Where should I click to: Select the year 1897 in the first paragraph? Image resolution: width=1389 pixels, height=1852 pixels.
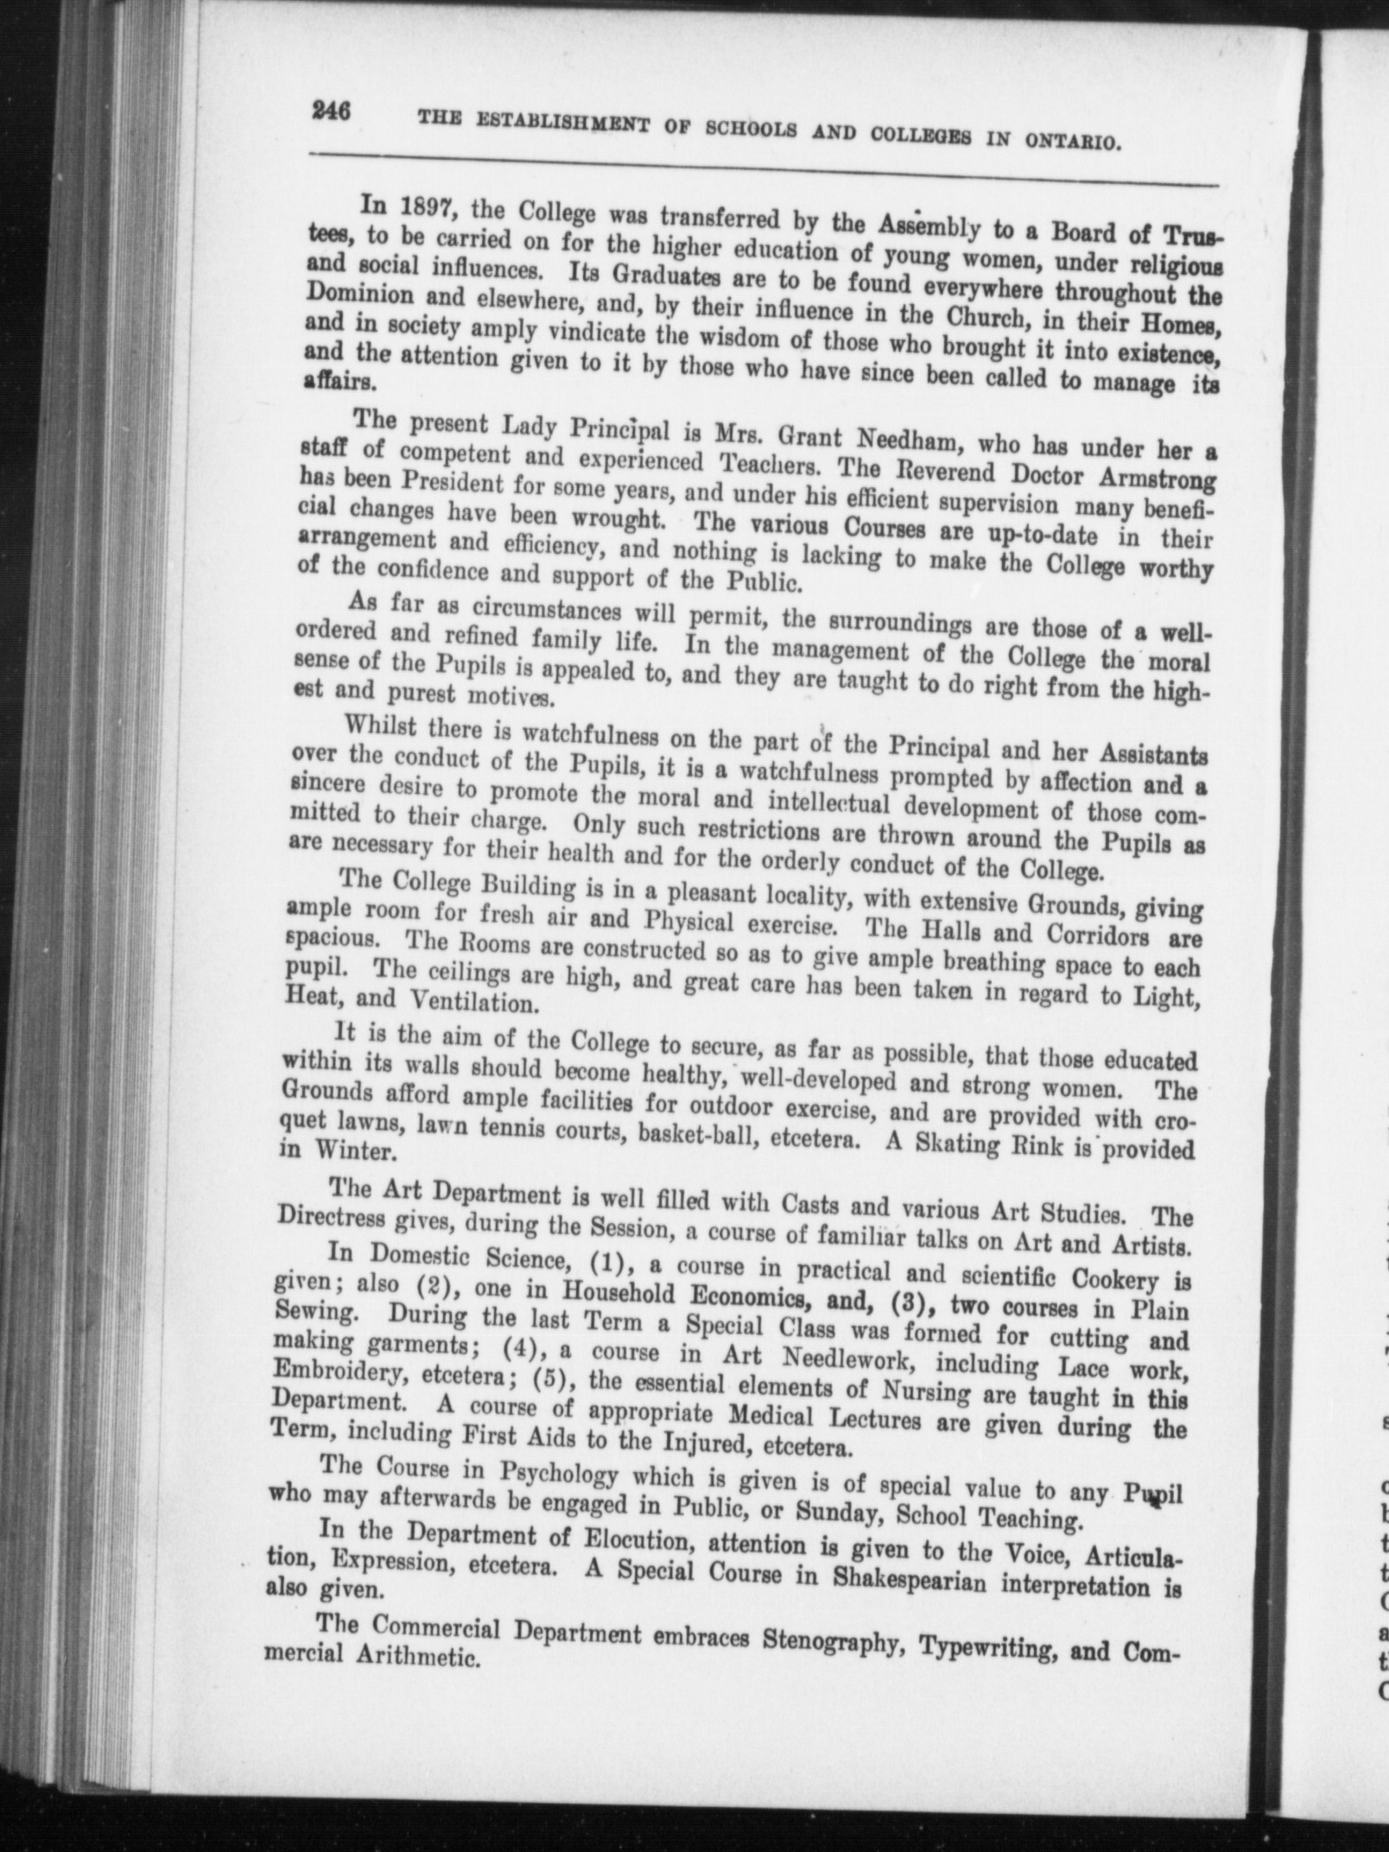pos(422,206)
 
